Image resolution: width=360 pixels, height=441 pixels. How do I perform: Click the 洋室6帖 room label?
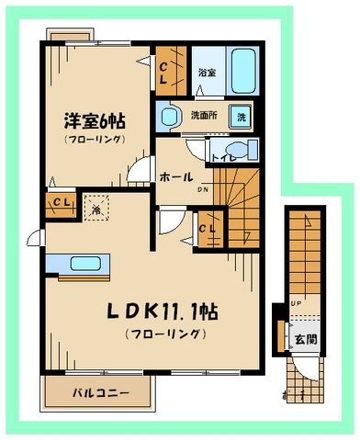click(x=95, y=120)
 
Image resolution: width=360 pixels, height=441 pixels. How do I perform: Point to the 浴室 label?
click(x=207, y=72)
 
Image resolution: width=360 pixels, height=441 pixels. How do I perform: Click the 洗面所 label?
click(x=204, y=117)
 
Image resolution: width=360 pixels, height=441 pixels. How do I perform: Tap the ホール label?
click(x=175, y=176)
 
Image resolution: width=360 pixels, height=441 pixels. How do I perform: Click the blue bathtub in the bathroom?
click(x=244, y=71)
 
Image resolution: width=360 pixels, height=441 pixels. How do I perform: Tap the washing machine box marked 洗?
click(x=242, y=117)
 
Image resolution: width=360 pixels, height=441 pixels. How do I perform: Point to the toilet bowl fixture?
click(x=235, y=152)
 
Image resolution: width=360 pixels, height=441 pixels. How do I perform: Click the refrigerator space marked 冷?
click(x=96, y=208)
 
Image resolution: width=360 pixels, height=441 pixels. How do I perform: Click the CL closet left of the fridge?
click(x=59, y=203)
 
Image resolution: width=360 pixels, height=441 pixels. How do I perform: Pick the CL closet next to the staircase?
click(x=207, y=228)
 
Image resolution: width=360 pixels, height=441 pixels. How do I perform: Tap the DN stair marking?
click(x=204, y=190)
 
